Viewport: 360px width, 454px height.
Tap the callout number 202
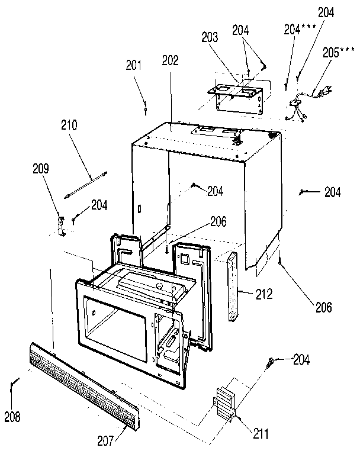point(170,60)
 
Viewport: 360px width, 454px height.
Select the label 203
point(210,37)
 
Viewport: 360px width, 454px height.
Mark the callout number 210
point(69,125)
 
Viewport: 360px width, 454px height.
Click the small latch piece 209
point(60,225)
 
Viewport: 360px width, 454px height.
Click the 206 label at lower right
point(323,307)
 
